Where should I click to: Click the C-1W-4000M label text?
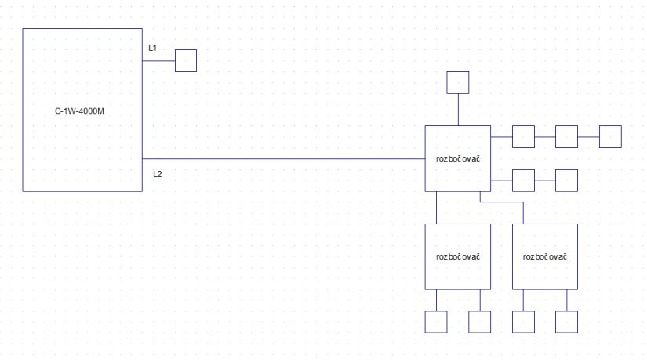80,111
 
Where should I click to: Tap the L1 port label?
153,49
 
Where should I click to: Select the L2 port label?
157,173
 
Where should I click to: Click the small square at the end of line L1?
185,60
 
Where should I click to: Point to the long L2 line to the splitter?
282,158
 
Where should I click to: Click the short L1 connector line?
158,60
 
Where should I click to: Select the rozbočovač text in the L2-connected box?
458,158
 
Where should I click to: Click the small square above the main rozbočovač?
457,82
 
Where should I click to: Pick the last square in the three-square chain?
609,136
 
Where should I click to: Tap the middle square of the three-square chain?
566,136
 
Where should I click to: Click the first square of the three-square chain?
522,136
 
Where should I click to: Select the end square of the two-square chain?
566,180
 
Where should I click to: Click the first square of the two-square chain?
522,180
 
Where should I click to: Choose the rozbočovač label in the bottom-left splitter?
458,256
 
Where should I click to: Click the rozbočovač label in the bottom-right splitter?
544,256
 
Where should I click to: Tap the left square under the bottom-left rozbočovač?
435,322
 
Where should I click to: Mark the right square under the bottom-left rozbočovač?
479,322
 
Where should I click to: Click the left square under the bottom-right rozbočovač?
522,322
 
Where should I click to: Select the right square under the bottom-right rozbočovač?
566,322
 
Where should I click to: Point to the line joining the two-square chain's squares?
544,180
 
